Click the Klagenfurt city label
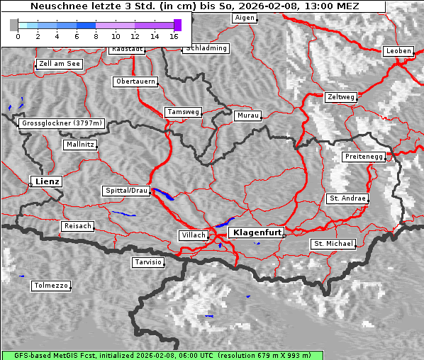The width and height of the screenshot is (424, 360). click(x=258, y=232)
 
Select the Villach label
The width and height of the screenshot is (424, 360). click(x=193, y=235)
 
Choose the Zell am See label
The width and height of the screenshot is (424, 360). click(x=60, y=64)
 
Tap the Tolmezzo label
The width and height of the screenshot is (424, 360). click(x=51, y=286)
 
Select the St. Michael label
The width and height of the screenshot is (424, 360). click(x=333, y=244)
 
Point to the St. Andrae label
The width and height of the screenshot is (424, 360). click(x=347, y=198)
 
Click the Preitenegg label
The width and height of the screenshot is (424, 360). click(x=364, y=156)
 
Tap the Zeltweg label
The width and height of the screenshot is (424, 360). click(x=341, y=96)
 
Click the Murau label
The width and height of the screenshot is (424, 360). click(x=248, y=115)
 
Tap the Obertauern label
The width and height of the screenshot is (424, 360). click(x=135, y=81)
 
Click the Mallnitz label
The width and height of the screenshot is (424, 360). click(x=79, y=145)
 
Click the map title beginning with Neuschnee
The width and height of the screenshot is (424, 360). click(x=193, y=6)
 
